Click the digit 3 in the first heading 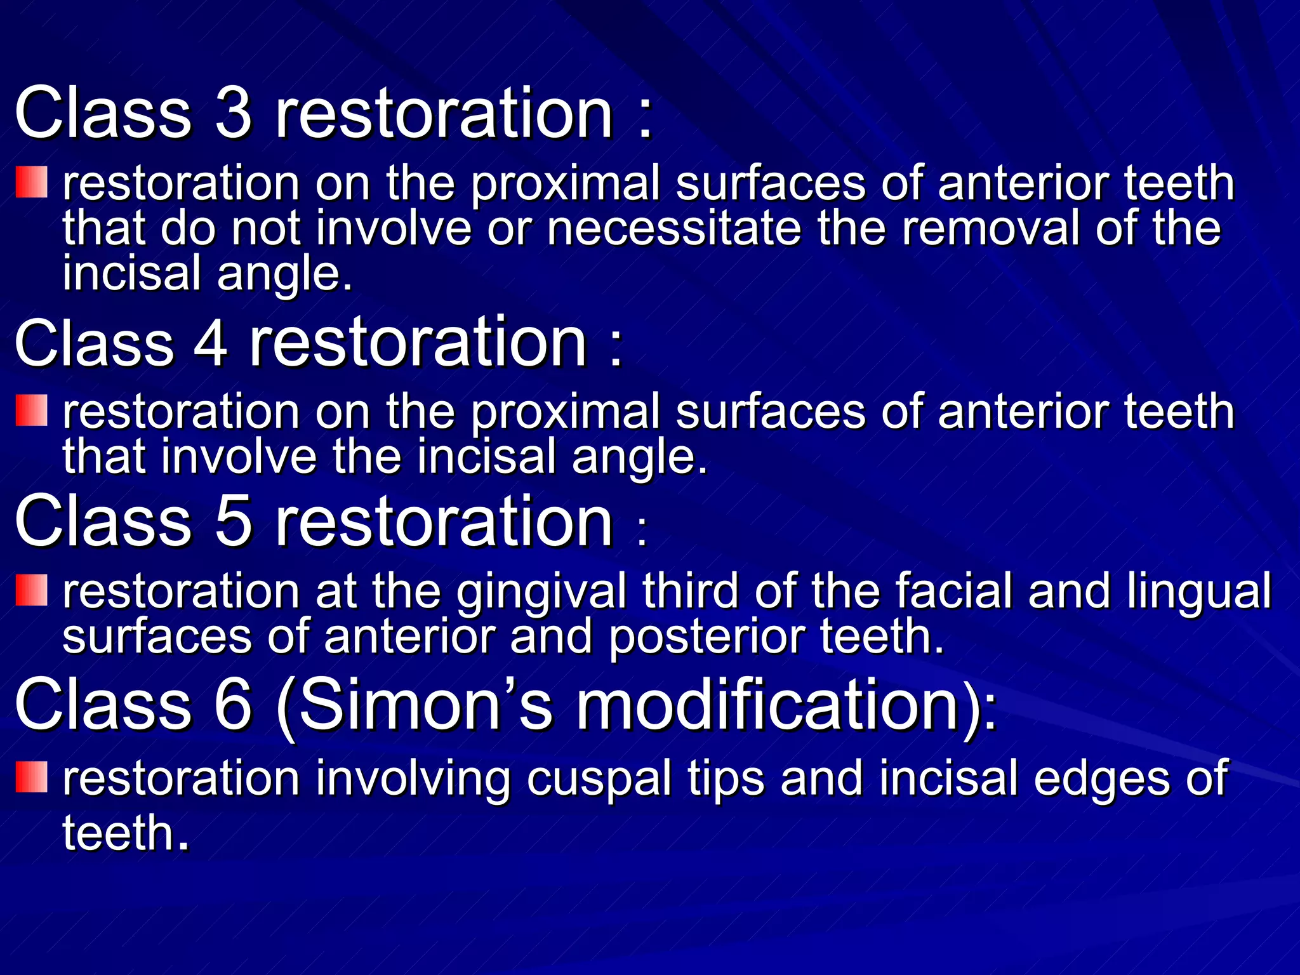(234, 113)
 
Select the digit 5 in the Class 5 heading (234, 522)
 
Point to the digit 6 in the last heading (234, 704)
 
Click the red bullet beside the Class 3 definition (32, 182)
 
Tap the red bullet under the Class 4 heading (32, 410)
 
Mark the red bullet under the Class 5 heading (32, 590)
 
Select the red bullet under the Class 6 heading (32, 778)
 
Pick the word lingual (1200, 592)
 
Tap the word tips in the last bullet (726, 779)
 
